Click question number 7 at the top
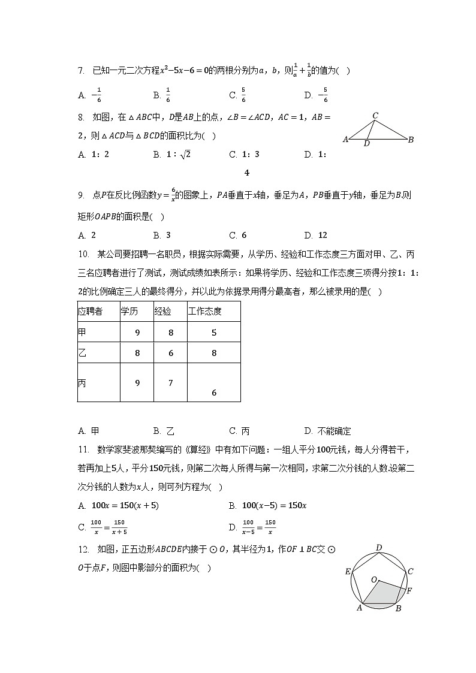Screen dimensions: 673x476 82,71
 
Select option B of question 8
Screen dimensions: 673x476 171,155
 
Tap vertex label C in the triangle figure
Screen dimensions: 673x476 375,116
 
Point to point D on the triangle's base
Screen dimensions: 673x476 366,143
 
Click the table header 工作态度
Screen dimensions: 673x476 205,312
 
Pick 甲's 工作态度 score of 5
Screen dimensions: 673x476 214,333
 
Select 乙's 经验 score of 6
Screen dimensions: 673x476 171,354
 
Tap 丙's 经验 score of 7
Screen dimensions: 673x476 171,383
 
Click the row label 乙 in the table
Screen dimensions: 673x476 82,354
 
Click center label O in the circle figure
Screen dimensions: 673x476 374,580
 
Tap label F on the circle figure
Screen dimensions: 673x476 409,591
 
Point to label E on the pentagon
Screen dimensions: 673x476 348,572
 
